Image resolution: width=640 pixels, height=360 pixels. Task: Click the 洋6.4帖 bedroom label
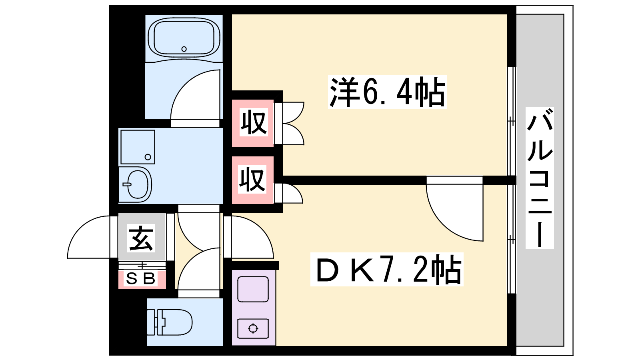click(x=388, y=92)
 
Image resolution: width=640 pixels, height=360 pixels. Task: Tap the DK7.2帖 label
click(x=387, y=270)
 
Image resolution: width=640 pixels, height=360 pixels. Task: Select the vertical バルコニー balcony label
click(x=540, y=178)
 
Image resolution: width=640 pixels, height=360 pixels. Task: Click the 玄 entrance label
click(x=141, y=238)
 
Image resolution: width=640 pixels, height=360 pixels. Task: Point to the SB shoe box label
click(x=140, y=278)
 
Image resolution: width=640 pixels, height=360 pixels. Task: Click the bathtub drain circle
click(x=184, y=49)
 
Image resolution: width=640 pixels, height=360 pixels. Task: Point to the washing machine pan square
click(x=138, y=147)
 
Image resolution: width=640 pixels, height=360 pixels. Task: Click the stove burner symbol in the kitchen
click(x=253, y=328)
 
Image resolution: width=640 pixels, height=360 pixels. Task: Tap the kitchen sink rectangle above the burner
click(x=253, y=289)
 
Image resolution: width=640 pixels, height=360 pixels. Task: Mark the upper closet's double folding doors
click(x=289, y=124)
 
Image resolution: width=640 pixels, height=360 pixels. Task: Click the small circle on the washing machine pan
click(x=148, y=157)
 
